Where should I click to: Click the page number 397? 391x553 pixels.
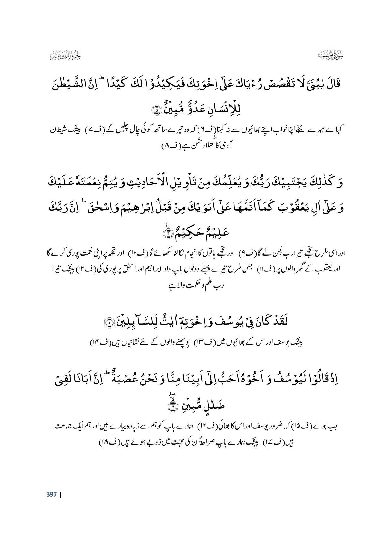coord(51,494)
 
